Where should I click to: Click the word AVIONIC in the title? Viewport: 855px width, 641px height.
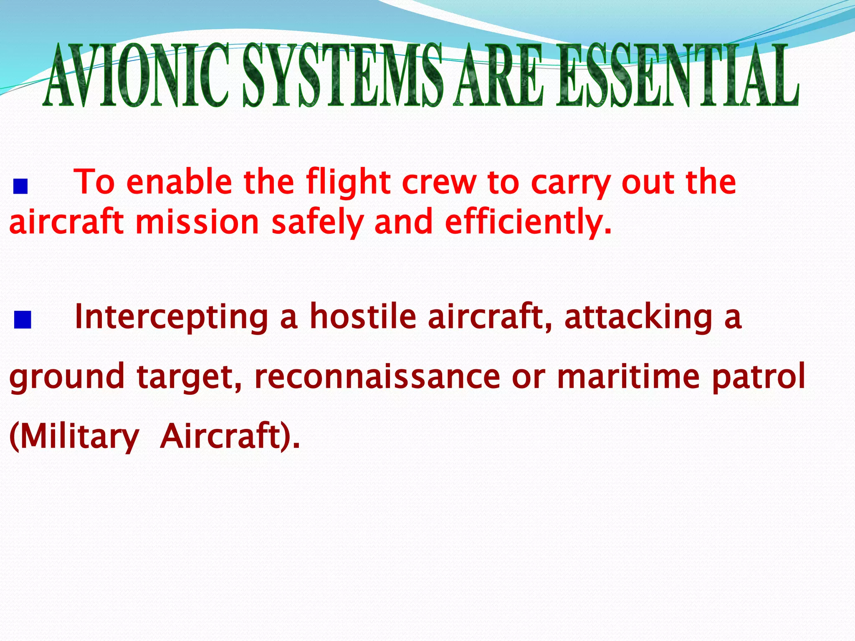137,75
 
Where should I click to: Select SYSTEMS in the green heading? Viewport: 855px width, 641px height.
342,75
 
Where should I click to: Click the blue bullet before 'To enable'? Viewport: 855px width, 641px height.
20,187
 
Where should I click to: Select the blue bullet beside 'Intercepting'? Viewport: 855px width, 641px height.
23,320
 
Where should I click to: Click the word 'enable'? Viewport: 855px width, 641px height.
179,182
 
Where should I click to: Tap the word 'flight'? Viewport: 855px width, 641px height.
348,182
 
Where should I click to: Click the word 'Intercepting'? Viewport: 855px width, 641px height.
171,317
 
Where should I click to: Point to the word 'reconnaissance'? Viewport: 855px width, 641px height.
377,376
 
